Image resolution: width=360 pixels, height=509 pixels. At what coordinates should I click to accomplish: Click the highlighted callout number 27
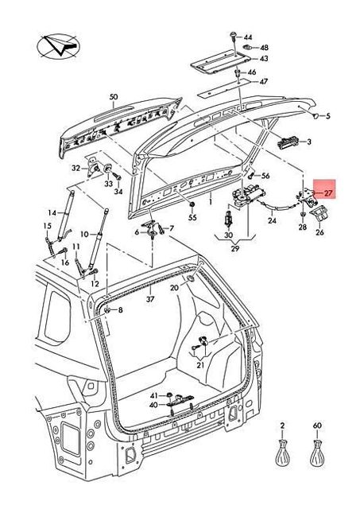coord(328,193)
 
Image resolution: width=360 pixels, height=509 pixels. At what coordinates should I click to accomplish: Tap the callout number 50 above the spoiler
coord(114,97)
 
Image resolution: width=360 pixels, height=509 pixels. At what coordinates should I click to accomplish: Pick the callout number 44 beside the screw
coord(248,37)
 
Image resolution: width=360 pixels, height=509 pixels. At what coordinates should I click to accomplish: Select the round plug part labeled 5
coord(315,115)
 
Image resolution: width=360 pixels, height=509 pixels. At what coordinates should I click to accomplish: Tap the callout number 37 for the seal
coord(150,299)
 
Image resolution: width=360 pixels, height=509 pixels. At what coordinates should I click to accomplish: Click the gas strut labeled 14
coord(66,216)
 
